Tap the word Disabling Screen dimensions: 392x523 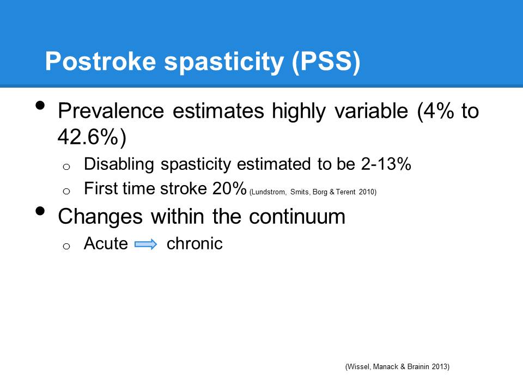(x=112, y=164)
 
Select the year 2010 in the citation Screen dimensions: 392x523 (x=367, y=192)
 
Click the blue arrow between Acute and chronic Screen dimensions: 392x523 (x=145, y=244)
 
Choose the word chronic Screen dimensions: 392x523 (x=194, y=243)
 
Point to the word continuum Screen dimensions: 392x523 (x=297, y=216)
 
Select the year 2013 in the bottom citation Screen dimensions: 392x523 (x=438, y=367)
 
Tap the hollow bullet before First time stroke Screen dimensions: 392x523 (x=66, y=191)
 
